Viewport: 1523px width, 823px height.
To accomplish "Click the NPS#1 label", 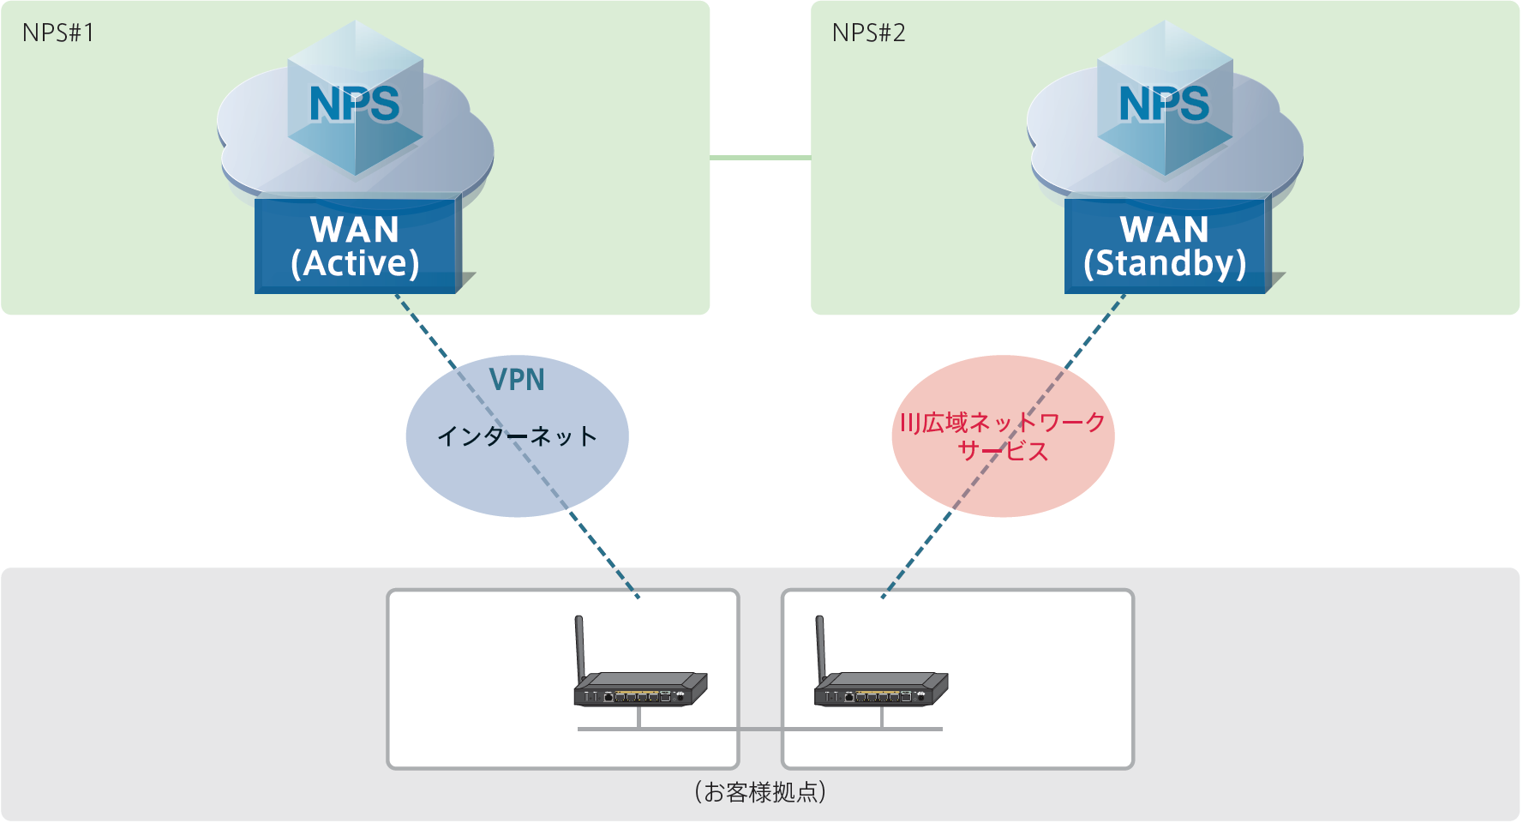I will pos(58,33).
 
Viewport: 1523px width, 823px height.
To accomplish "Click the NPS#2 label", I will pos(868,33).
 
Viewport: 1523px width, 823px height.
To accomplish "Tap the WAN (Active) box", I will pos(356,246).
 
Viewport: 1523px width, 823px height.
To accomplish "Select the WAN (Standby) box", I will pos(1166,246).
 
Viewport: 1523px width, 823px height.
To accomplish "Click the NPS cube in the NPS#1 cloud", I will pos(355,103).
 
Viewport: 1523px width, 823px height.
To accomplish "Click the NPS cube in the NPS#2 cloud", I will pos(1165,103).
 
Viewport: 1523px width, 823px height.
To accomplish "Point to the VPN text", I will pos(517,380).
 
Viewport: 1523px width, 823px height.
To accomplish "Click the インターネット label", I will pos(517,436).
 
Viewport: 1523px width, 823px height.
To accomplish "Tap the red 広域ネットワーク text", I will pos(1003,422).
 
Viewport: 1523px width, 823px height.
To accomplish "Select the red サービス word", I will pos(1003,451).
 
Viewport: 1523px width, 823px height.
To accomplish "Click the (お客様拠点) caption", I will pos(760,791).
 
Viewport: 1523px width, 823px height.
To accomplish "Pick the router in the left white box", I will pos(640,688).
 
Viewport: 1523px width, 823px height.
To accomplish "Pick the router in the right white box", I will pos(881,688).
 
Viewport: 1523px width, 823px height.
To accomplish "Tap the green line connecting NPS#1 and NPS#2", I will pos(760,158).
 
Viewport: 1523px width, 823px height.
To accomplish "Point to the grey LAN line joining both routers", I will pos(760,729).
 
